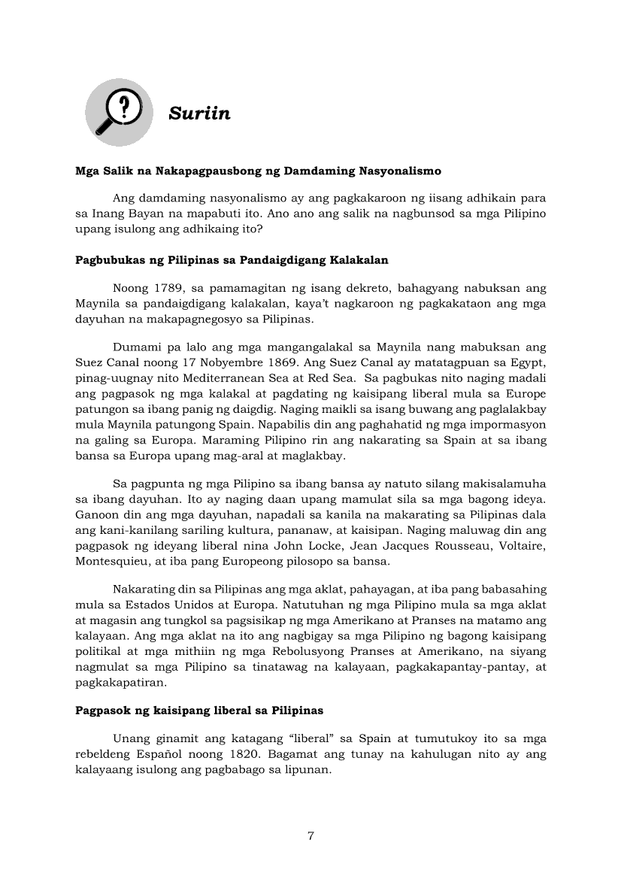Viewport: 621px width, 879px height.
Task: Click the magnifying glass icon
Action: pyautogui.click(x=118, y=112)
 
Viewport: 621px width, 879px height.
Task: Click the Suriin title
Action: pyautogui.click(x=199, y=114)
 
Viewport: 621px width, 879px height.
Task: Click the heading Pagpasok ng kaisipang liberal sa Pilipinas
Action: pyautogui.click(x=199, y=710)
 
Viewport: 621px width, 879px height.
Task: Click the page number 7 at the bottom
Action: pyautogui.click(x=310, y=837)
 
